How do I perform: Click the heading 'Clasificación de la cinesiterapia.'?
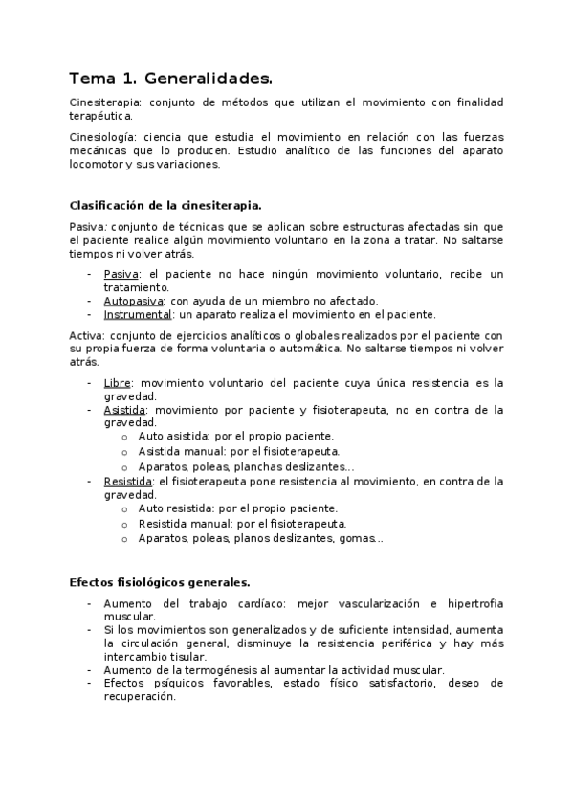point(166,205)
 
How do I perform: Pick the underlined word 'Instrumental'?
point(138,313)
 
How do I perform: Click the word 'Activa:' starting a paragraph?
point(87,335)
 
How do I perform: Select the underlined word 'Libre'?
point(117,383)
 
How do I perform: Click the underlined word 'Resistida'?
point(128,481)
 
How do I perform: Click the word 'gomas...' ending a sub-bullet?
point(362,538)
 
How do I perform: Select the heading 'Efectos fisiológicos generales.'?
point(159,582)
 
